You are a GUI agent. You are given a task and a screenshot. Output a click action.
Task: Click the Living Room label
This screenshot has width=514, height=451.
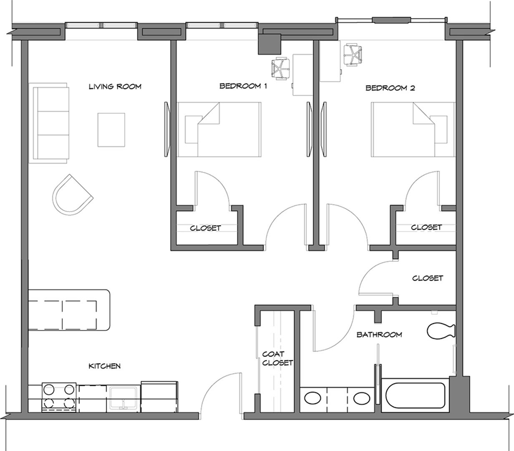(115, 87)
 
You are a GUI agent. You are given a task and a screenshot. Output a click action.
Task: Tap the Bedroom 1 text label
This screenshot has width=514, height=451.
(243, 86)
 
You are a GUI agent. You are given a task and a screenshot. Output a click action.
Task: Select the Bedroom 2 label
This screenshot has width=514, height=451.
(390, 88)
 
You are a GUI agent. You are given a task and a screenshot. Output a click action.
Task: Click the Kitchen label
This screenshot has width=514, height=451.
(105, 366)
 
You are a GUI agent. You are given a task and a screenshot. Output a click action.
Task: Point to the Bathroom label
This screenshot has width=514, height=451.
(379, 334)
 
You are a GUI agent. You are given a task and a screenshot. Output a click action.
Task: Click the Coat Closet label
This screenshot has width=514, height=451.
(277, 359)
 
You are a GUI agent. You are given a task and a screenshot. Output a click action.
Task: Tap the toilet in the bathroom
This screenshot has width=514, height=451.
(440, 331)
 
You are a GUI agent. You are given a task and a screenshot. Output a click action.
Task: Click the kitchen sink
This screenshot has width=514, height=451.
(123, 398)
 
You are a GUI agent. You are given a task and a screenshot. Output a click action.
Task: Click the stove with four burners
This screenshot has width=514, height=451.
(59, 397)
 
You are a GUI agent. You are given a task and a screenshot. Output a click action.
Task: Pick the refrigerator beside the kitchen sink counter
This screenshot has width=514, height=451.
(159, 396)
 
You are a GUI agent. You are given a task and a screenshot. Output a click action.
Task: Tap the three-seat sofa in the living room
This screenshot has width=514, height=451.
(49, 123)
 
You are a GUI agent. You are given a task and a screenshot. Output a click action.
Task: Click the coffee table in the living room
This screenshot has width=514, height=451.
(111, 130)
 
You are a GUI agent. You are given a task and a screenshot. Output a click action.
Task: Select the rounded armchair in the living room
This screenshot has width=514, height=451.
(71, 195)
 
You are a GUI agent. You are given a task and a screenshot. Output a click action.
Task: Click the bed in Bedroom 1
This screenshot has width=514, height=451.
(219, 129)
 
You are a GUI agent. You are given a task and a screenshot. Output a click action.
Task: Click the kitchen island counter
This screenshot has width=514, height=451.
(69, 309)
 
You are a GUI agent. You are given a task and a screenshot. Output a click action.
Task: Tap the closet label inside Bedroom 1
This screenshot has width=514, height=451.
(205, 228)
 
